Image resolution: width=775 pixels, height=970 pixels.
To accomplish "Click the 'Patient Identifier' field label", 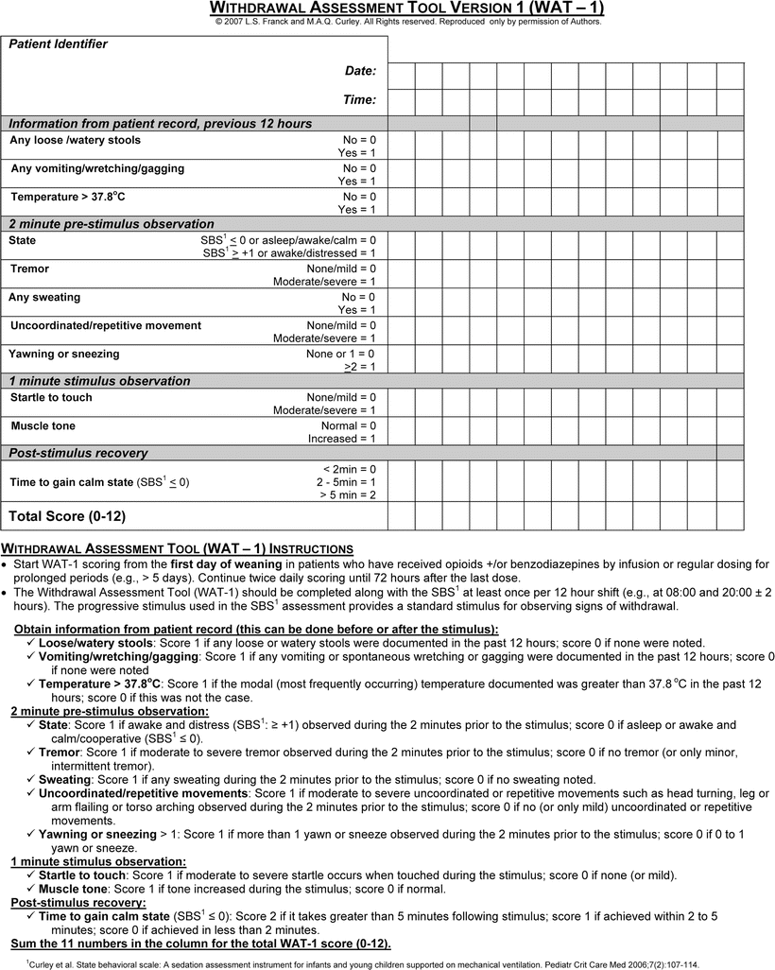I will pyautogui.click(x=59, y=44).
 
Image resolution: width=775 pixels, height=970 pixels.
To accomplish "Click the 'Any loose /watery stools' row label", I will pyautogui.click(x=75, y=140).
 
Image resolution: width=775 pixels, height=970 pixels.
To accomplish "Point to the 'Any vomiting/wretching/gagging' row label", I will pyautogui.click(x=97, y=168).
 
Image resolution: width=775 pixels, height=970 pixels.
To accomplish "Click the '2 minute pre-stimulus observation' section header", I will pyautogui.click(x=112, y=224).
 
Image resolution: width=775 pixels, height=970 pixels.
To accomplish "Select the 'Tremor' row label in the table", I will pyautogui.click(x=29, y=269).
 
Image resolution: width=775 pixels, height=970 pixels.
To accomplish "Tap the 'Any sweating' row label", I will pyautogui.click(x=44, y=297).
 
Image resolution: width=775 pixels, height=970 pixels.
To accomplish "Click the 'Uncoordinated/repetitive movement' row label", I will pyautogui.click(x=106, y=325).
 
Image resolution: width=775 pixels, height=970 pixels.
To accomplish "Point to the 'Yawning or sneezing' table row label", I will pyautogui.click(x=65, y=354).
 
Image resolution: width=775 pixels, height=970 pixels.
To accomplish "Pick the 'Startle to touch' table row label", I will pyautogui.click(x=51, y=397).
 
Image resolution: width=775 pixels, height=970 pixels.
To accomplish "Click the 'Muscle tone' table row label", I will pyautogui.click(x=43, y=425).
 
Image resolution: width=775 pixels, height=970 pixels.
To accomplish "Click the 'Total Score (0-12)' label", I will pyautogui.click(x=67, y=516).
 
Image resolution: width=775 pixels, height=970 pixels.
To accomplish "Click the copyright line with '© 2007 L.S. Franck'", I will pyautogui.click(x=407, y=21).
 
